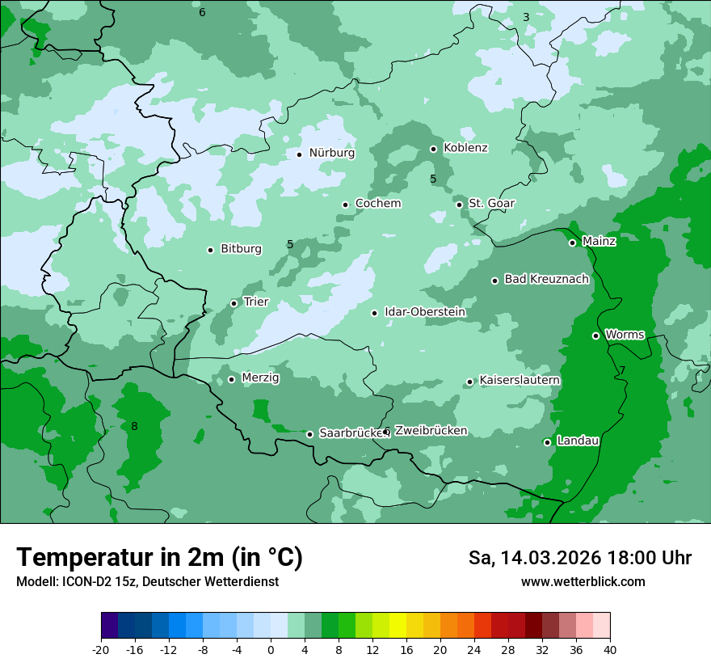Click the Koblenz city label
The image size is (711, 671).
click(x=465, y=148)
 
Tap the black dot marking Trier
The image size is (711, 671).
click(x=234, y=303)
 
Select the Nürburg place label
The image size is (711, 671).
click(x=331, y=153)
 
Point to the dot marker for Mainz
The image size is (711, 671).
click(x=572, y=243)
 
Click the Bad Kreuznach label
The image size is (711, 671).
click(x=546, y=280)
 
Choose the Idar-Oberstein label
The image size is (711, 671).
click(x=425, y=312)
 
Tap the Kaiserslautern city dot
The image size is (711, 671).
click(x=469, y=382)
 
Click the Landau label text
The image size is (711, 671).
click(x=578, y=441)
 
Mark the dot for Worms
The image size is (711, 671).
click(x=595, y=335)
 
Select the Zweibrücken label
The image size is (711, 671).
click(x=431, y=431)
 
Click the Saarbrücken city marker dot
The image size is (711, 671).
click(x=309, y=434)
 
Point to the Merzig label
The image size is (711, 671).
click(x=260, y=378)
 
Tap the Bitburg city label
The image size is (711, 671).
click(x=241, y=249)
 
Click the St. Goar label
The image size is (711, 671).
click(x=491, y=203)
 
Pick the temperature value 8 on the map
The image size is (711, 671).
click(x=134, y=426)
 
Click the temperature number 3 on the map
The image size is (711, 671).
click(x=526, y=17)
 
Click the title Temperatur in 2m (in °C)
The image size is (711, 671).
click(x=159, y=557)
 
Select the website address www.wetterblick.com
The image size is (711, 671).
click(x=583, y=581)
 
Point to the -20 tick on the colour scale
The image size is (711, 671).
click(x=101, y=650)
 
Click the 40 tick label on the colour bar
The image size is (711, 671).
click(x=610, y=650)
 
